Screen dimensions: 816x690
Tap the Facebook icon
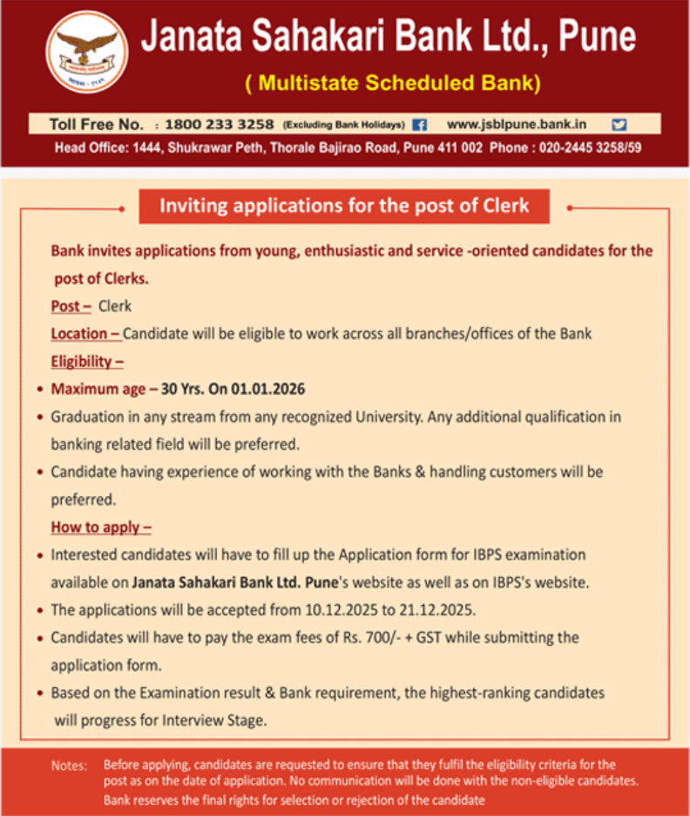[x=420, y=125]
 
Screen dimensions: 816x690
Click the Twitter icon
[x=619, y=125]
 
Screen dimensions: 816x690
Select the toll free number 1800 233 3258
[x=219, y=125]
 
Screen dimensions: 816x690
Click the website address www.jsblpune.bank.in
[x=517, y=125]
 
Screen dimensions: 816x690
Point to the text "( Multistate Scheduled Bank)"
[x=393, y=84]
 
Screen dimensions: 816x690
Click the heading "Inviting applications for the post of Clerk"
[x=344, y=207]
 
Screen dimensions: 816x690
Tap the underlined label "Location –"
[x=85, y=334]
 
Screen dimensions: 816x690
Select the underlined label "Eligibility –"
[x=86, y=361]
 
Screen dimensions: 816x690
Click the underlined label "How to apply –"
[x=101, y=527]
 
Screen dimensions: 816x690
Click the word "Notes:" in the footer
[x=69, y=765]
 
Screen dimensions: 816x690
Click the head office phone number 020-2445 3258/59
[x=590, y=147]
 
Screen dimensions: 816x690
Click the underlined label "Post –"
[x=71, y=306]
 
